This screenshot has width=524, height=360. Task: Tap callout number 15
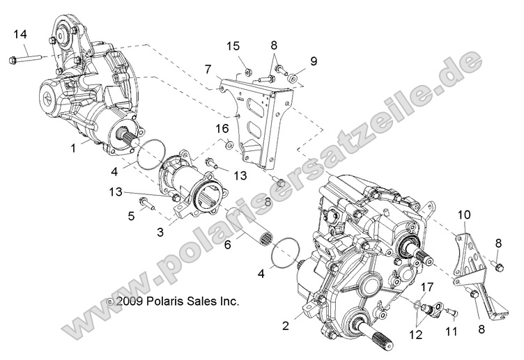click(232, 46)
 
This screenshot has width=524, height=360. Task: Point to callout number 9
click(314, 61)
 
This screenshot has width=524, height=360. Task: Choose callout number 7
click(208, 68)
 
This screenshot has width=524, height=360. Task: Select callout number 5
click(130, 217)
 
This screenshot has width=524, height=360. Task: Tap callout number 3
click(160, 232)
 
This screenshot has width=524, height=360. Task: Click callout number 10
click(463, 217)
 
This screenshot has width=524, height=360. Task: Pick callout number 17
click(426, 286)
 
